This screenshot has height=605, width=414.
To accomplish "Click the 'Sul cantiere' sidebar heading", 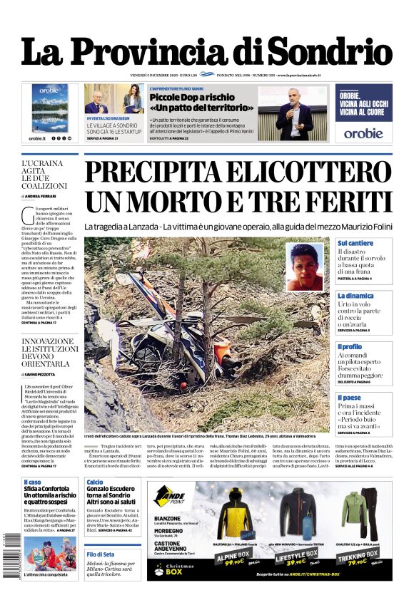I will pos(355,243).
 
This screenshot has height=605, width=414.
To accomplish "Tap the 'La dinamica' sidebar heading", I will pos(355,295).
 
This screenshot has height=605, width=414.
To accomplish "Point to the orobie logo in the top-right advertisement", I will pos(363,133).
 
